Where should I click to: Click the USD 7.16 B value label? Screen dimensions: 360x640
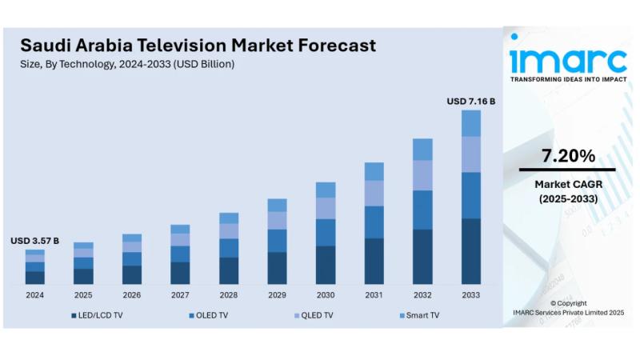470,102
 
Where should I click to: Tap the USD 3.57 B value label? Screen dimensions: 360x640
34,240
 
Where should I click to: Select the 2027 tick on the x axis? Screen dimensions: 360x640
180,295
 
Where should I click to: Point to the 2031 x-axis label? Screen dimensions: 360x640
374,295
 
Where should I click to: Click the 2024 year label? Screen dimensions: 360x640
34,295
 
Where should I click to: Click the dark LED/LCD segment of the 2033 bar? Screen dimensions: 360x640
471,251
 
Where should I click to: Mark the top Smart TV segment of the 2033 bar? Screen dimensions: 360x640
471,123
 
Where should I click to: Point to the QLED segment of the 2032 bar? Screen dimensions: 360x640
422,175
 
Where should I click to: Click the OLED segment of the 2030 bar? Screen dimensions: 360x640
326,232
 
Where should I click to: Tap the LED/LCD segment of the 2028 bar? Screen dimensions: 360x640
229,270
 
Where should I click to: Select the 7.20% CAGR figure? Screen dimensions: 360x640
568,156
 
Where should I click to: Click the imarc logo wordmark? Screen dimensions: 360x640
568,60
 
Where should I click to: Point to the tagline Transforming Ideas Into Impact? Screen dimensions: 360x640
568,80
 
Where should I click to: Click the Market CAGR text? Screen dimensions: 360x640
568,185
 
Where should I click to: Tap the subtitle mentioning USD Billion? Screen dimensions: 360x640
127,64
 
